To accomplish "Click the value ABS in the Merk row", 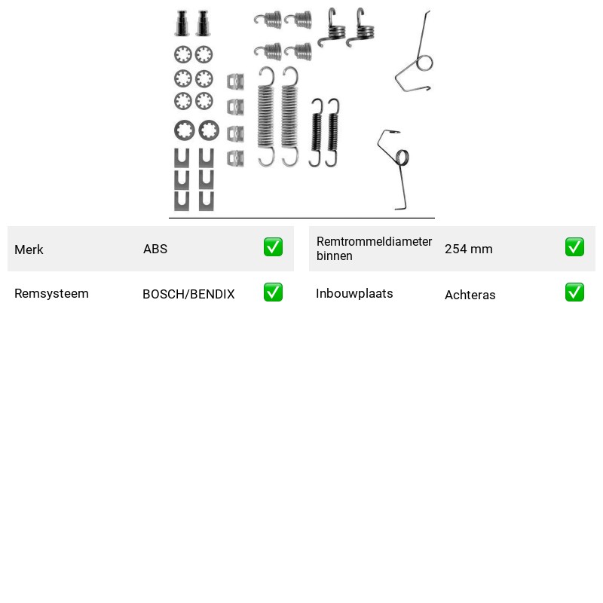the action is pyautogui.click(x=155, y=249).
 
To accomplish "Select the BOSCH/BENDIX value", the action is pyautogui.click(x=188, y=294).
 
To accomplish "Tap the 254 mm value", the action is pyautogui.click(x=468, y=249).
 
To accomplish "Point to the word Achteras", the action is pyautogui.click(x=470, y=295).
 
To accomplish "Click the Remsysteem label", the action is pyautogui.click(x=51, y=293).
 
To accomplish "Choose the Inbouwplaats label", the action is pyautogui.click(x=354, y=293).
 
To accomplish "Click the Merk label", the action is pyautogui.click(x=29, y=249).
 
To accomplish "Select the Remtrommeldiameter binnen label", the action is pyautogui.click(x=374, y=249).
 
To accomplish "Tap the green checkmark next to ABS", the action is pyautogui.click(x=273, y=247).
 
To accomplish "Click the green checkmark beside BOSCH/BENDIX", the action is pyautogui.click(x=273, y=292).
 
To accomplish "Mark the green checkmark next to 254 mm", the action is pyautogui.click(x=574, y=247).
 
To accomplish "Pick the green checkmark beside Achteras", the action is pyautogui.click(x=574, y=292).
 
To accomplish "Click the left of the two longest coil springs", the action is pyautogui.click(x=266, y=117).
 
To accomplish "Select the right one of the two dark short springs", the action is pyautogui.click(x=332, y=133).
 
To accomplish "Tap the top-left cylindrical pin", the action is pyautogui.click(x=182, y=23).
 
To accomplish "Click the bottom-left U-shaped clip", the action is pyautogui.click(x=182, y=201).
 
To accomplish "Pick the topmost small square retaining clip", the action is pyautogui.click(x=235, y=81).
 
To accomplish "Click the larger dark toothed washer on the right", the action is pyautogui.click(x=209, y=130).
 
